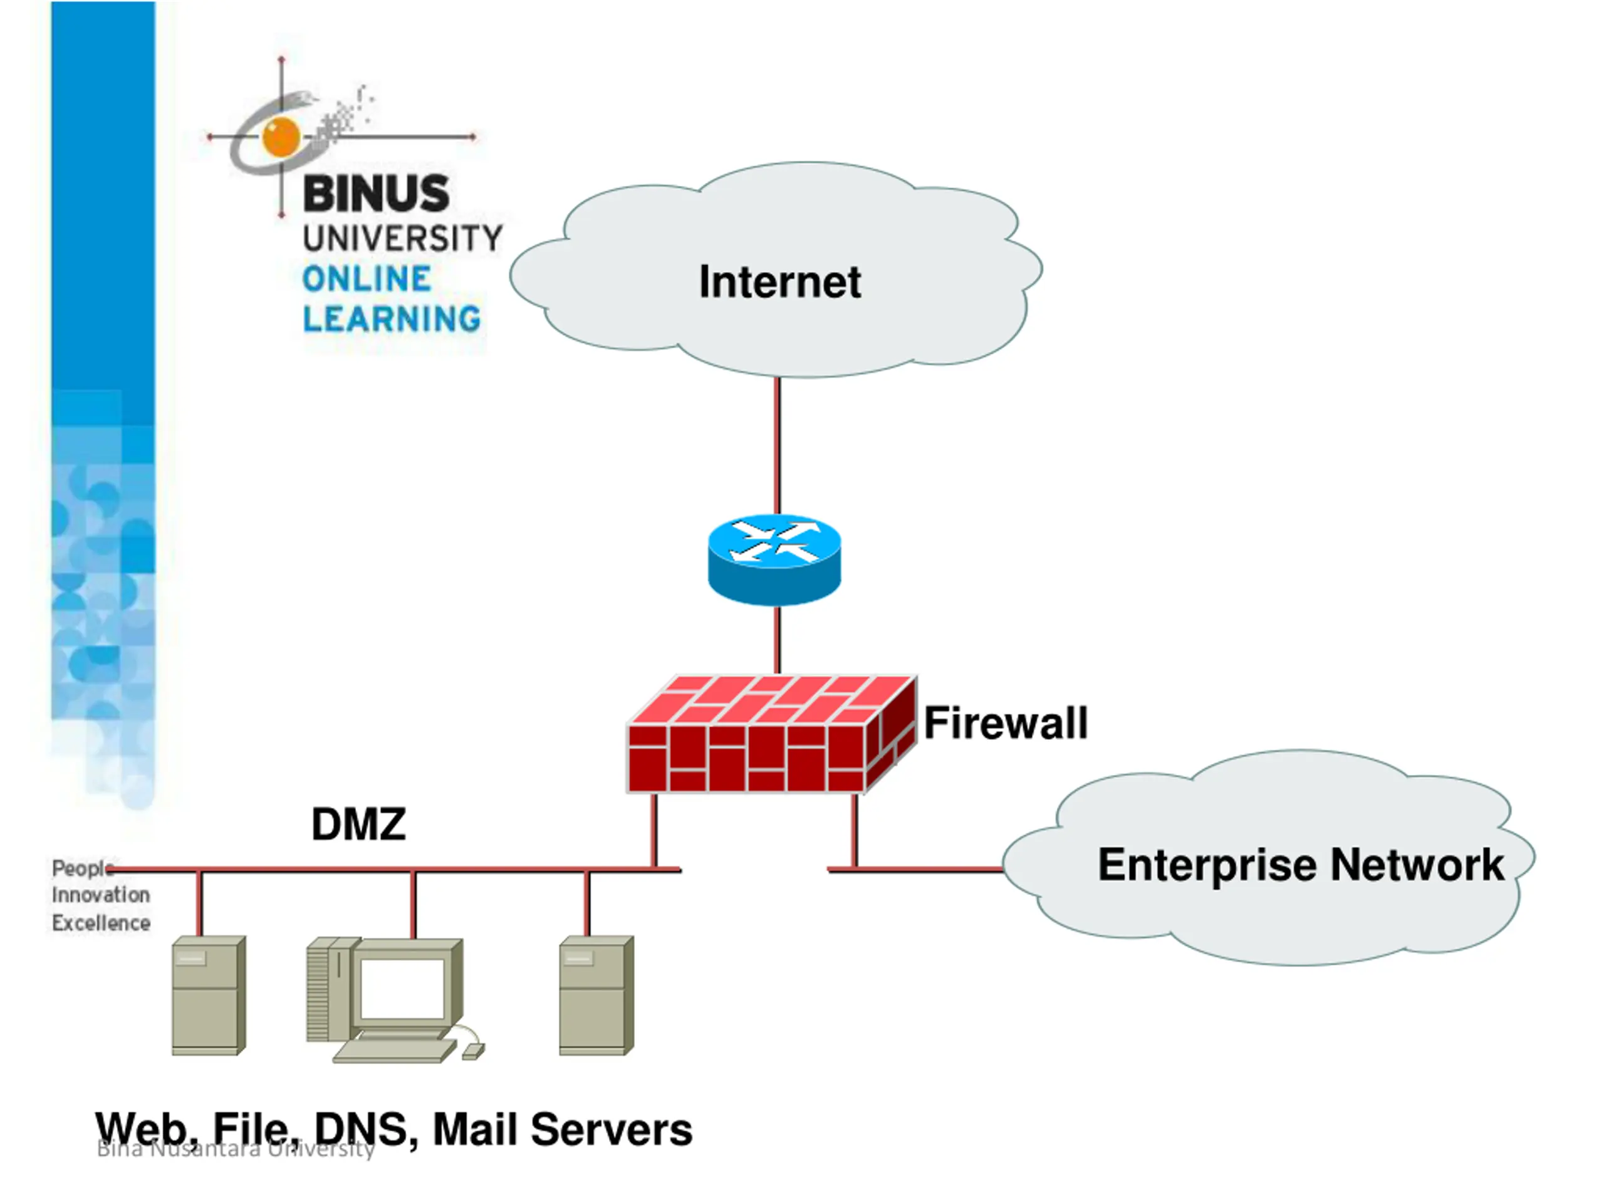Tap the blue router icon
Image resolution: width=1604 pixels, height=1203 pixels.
point(774,559)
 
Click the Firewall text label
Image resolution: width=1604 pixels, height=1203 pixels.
point(1006,723)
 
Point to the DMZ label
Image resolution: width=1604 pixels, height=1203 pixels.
point(358,825)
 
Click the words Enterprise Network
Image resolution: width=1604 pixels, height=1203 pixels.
point(1301,865)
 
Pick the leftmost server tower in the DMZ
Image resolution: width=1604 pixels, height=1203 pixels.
point(208,995)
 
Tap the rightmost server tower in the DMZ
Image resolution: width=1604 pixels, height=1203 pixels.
point(596,995)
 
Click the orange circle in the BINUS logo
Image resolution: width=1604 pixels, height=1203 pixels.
point(281,135)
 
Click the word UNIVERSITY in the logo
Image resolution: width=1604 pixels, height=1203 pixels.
point(402,238)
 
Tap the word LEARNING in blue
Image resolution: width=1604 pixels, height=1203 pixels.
point(392,319)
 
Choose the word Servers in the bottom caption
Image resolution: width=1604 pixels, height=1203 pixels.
point(612,1130)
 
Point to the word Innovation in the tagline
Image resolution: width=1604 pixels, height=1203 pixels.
point(101,895)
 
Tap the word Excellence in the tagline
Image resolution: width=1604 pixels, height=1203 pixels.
point(101,923)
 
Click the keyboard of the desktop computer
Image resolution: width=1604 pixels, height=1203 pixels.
point(395,1050)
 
